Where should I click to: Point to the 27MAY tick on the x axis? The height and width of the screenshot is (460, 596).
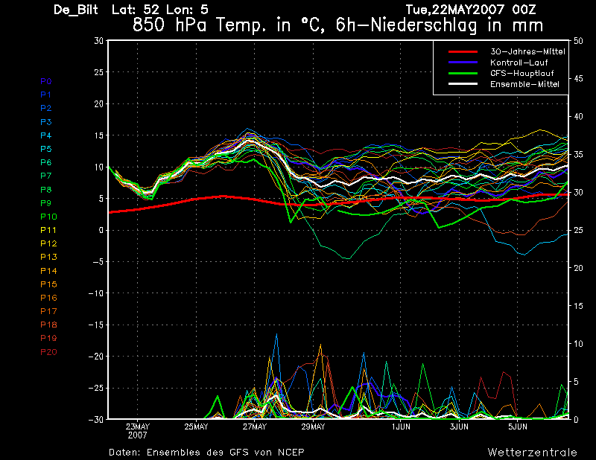tap(254, 427)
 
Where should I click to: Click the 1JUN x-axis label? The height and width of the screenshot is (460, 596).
tap(402, 427)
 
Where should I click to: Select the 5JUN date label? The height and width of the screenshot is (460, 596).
tap(519, 427)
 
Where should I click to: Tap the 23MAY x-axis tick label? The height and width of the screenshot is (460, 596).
tap(138, 427)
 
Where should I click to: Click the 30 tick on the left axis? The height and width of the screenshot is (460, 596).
tap(98, 41)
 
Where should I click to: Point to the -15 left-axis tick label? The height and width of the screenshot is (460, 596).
tap(95, 325)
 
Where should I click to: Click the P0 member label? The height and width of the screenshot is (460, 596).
tap(46, 81)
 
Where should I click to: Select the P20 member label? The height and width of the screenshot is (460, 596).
tap(48, 352)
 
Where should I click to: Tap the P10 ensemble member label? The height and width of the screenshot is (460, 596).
tap(48, 217)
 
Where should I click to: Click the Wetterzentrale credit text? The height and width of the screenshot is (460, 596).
tap(533, 452)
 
